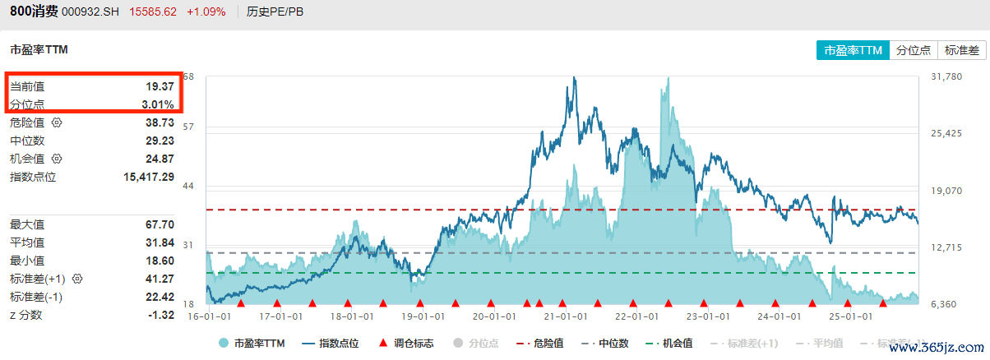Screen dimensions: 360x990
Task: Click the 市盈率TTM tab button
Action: point(853,50)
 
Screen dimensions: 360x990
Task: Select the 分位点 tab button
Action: point(913,50)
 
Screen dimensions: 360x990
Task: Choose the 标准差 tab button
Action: point(961,50)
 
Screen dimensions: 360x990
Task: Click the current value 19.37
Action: point(160,86)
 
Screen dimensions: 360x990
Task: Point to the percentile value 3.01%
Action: point(157,104)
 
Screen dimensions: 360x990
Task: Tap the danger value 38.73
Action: point(160,122)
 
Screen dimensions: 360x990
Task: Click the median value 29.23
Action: point(160,141)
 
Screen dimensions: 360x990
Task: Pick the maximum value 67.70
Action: point(160,224)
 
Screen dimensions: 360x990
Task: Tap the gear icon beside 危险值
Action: point(57,122)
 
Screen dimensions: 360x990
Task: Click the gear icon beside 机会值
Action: point(57,159)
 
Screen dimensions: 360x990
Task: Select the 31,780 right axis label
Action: point(946,77)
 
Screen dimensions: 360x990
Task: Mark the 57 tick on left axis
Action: point(188,127)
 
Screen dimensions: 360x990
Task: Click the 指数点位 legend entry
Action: point(331,344)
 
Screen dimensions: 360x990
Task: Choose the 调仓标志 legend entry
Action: point(405,344)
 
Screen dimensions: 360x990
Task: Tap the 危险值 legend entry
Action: point(540,344)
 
